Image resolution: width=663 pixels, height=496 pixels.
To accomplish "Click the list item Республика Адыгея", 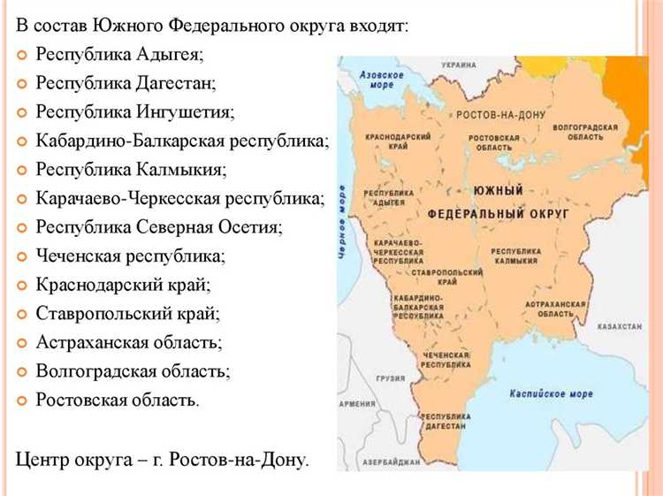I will (119, 55).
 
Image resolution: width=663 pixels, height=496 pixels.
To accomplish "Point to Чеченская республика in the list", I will (130, 256).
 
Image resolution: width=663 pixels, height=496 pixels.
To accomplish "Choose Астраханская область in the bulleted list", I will (129, 342).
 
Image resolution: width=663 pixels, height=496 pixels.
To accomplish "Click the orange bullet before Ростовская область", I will (21, 400).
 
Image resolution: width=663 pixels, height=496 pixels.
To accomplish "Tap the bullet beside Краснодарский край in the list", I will (21, 286).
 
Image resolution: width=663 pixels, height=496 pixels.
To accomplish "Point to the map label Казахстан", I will (619, 327).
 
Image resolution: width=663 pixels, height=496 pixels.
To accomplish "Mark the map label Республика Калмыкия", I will (514, 256).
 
